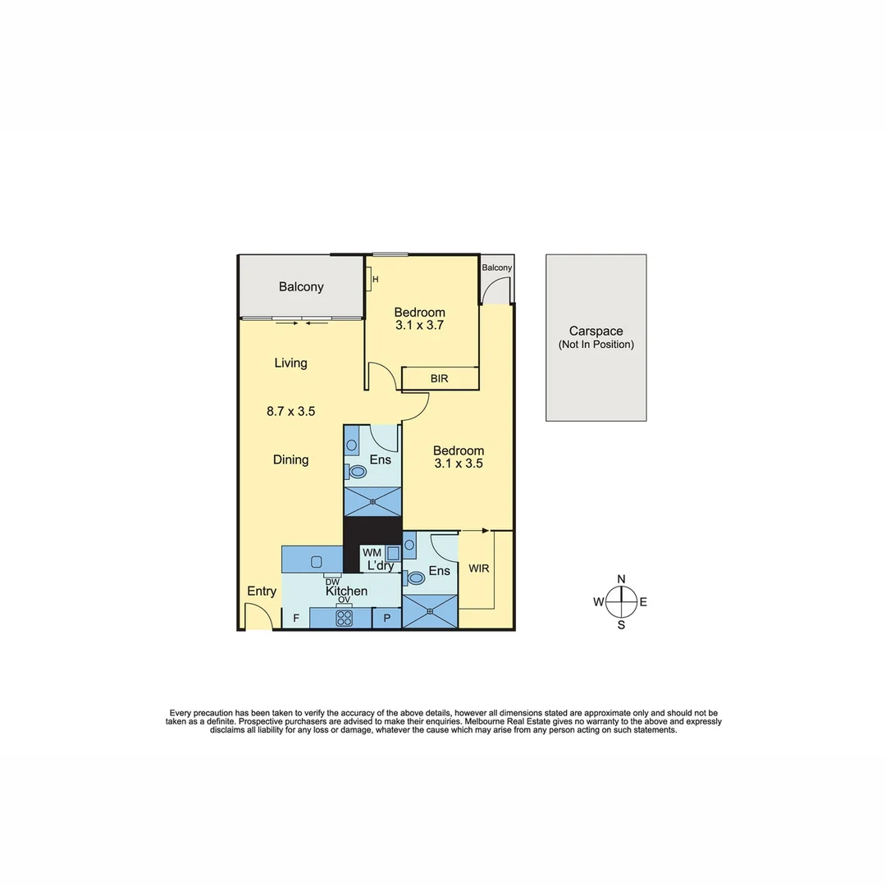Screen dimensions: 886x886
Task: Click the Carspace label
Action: point(596,331)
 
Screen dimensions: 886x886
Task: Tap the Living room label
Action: point(290,363)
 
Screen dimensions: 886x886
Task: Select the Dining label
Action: point(290,460)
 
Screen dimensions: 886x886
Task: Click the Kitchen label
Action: point(346,591)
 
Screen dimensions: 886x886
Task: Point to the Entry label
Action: point(262,591)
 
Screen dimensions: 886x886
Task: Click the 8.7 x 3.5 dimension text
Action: point(290,412)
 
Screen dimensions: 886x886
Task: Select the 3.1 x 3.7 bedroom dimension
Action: point(419,326)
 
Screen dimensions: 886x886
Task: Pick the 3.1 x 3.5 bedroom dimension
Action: point(459,463)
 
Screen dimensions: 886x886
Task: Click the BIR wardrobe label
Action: point(439,379)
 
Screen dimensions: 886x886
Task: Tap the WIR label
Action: point(478,568)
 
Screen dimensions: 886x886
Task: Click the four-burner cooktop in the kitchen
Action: point(343,619)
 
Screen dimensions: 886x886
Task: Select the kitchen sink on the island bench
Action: point(316,562)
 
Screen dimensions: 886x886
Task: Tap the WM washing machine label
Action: point(372,553)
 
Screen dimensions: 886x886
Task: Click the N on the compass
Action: point(621,579)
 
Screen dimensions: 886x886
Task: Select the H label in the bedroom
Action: point(375,280)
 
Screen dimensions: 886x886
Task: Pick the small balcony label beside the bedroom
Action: point(496,268)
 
